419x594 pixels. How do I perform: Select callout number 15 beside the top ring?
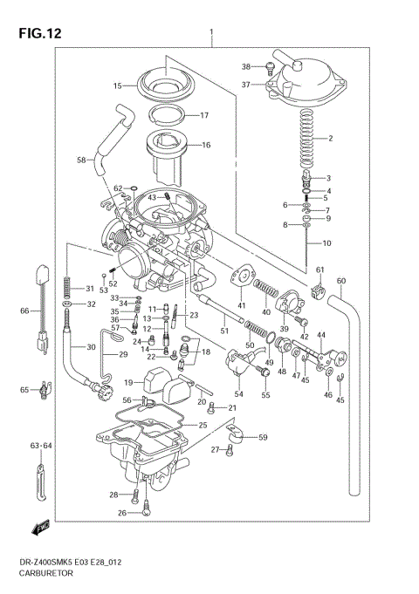117,85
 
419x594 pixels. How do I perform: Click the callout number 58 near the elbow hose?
81,160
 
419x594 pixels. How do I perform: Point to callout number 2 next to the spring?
330,139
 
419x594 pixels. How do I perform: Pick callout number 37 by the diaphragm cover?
246,85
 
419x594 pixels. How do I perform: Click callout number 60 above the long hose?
341,280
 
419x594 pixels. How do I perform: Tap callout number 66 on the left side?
24,311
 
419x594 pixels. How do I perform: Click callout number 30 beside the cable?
90,347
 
